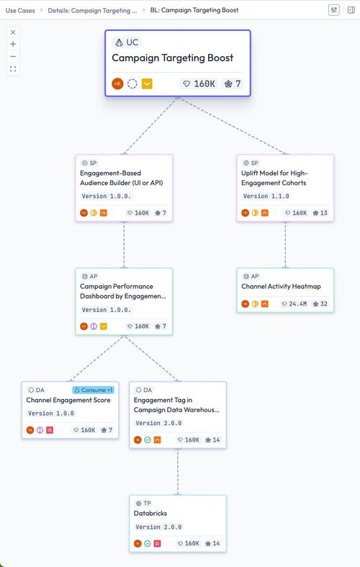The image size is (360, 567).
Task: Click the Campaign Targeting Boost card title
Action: [x=172, y=58]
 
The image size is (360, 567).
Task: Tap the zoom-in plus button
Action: [x=13, y=44]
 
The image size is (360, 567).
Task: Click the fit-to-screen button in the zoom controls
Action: [x=13, y=68]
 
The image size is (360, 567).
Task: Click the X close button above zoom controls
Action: [x=13, y=32]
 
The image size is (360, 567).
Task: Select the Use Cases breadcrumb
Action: [x=20, y=11]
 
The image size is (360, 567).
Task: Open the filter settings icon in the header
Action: [x=334, y=10]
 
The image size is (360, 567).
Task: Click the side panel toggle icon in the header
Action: [x=351, y=10]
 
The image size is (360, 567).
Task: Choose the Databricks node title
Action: [x=150, y=513]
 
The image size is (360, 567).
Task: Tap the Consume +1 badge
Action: [x=94, y=390]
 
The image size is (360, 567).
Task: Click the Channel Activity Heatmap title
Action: [x=281, y=287]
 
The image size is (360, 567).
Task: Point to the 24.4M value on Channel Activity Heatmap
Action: [x=298, y=304]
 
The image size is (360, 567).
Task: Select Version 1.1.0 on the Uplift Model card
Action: [x=266, y=196]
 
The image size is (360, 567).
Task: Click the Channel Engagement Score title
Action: [x=68, y=400]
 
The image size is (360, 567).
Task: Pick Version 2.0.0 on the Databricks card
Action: [x=158, y=527]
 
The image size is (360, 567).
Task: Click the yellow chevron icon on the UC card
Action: [x=147, y=84]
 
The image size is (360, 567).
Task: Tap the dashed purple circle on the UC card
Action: [x=132, y=84]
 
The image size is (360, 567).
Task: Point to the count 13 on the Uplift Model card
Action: [x=324, y=213]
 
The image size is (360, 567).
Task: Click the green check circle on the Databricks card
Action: [x=148, y=543]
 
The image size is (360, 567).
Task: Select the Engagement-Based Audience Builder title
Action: [x=122, y=178]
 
